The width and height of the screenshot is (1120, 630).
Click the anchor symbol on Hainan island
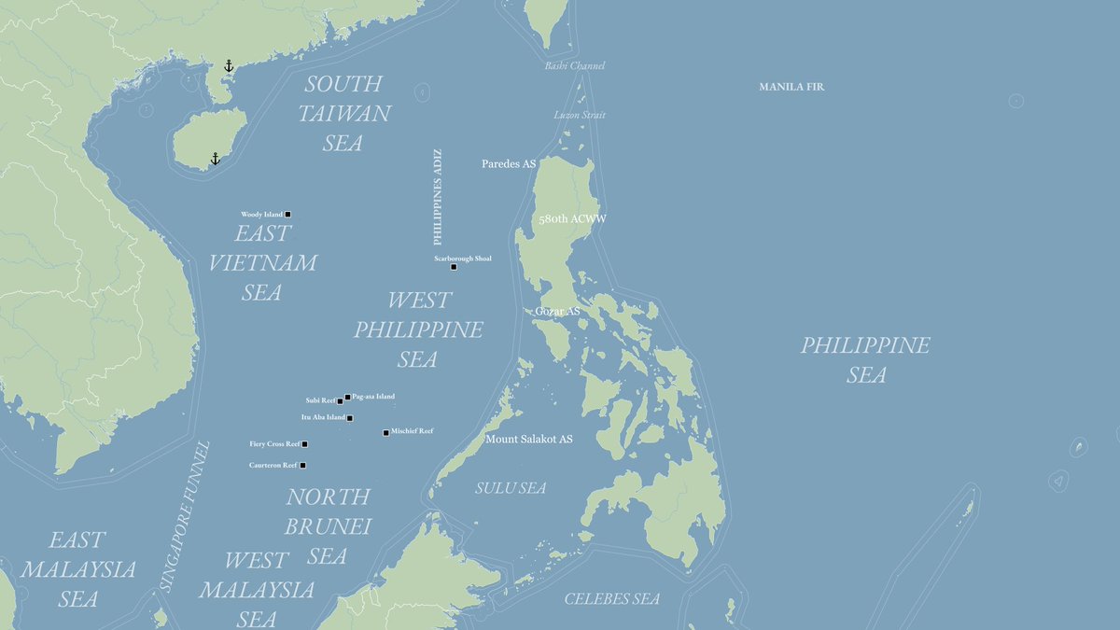click(x=215, y=159)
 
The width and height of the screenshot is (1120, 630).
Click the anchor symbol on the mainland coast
click(x=229, y=65)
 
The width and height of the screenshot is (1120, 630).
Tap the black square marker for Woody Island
click(x=287, y=215)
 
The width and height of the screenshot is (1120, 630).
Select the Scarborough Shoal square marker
click(x=454, y=267)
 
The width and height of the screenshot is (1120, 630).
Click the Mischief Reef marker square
click(x=385, y=432)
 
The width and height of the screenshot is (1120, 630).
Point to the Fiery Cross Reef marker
click(x=304, y=444)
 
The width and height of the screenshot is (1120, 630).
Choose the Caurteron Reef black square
click(x=302, y=465)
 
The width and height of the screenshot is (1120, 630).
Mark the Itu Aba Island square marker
click(x=350, y=418)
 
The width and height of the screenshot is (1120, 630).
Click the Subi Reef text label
click(x=320, y=401)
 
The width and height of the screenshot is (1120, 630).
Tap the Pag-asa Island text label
click(x=373, y=397)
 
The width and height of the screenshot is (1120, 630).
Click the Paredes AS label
click(x=509, y=163)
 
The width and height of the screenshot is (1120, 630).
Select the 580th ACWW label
click(x=572, y=219)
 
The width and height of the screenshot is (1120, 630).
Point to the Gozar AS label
click(x=557, y=311)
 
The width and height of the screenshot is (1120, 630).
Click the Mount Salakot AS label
click(x=528, y=439)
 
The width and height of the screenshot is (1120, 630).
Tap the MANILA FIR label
click(x=791, y=87)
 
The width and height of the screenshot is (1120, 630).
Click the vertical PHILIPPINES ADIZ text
click(x=438, y=196)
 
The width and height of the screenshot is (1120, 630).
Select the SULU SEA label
click(x=511, y=488)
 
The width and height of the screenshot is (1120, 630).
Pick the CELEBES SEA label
click(x=611, y=599)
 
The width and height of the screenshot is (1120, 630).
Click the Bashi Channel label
click(x=575, y=66)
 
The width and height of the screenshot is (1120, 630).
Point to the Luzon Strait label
click(x=580, y=115)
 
